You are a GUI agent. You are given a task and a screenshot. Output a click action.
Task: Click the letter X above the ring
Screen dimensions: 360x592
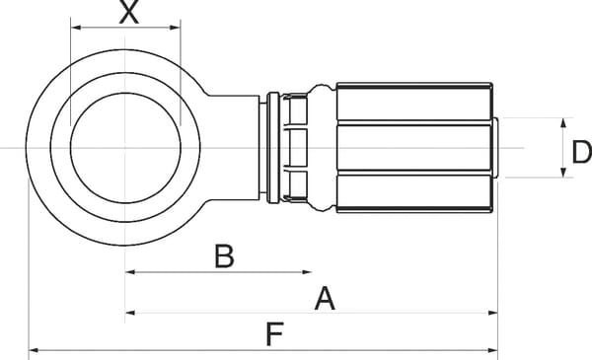127,14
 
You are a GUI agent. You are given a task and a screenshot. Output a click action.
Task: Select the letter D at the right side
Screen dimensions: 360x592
582,151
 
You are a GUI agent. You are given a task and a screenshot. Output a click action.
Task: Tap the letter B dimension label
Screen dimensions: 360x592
224,256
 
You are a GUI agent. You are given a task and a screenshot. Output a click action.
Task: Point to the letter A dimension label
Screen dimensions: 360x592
323,299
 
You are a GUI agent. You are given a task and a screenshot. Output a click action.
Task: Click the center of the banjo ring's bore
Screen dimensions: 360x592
125,149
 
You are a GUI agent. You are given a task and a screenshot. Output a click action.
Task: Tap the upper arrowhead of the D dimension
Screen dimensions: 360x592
563,120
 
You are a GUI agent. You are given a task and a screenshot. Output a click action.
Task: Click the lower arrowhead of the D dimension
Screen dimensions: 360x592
563,177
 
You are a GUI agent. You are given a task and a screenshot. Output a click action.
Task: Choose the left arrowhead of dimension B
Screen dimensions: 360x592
129,272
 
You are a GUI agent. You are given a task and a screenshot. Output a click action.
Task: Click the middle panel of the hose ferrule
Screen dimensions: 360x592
414,147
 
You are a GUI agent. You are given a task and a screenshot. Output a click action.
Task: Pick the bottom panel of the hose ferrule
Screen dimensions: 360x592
414,194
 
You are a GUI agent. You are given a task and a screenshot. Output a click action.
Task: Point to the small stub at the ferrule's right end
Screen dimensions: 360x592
500,149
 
